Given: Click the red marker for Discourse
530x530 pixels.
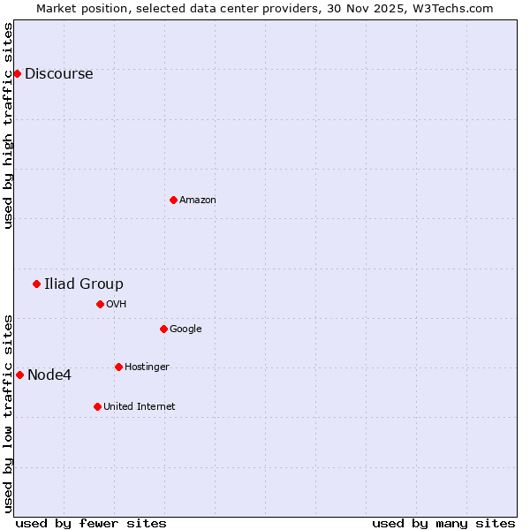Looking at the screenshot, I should pos(17,73).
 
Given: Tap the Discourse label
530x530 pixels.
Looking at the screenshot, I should pos(58,74).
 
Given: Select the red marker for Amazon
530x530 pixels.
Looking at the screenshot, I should pos(173,200).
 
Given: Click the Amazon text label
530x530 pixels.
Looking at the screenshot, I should pos(198,201).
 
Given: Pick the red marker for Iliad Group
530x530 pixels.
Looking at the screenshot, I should pos(36,284).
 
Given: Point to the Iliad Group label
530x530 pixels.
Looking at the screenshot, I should pos(84,284).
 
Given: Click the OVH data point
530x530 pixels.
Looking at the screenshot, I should pos(100,304).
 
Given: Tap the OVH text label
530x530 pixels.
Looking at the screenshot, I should pos(117,305).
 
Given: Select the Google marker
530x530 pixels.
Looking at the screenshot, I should pos(163,329).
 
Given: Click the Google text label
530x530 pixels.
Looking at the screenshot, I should pos(185,329).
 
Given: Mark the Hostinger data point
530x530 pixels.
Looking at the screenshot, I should pos(118,367).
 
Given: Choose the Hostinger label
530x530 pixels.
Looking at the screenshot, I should pos(147,367).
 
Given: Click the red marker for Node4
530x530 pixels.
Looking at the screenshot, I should pos(19,375).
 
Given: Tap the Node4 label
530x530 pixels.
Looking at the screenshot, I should pos(49,375).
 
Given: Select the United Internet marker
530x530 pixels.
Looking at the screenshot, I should pos(97,406).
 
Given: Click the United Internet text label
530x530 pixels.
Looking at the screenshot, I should pos(139,407).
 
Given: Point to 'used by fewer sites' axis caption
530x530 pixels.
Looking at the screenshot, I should pos(91,523).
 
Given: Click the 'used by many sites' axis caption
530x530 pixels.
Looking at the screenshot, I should pos(443,523).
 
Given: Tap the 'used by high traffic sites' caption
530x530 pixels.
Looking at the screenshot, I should pos(9,125).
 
